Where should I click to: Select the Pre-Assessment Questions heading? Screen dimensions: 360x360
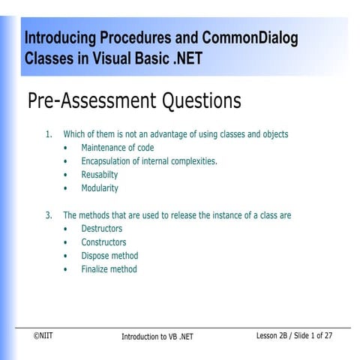point(134,100)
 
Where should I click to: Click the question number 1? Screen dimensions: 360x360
point(49,134)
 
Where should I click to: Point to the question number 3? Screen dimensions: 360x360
point(49,215)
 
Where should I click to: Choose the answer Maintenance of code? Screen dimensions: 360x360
point(118,148)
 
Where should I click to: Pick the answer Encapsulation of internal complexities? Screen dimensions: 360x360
point(149,161)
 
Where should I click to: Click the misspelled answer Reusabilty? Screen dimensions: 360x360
point(100,175)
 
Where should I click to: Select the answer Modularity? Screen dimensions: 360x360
point(100,188)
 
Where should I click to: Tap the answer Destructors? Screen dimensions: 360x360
point(102,229)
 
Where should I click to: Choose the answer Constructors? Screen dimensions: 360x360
point(103,242)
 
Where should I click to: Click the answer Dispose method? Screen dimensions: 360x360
point(109,256)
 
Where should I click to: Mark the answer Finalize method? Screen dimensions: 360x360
point(109,269)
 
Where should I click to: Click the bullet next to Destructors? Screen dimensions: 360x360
point(67,229)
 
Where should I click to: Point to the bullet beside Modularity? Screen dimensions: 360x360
point(67,188)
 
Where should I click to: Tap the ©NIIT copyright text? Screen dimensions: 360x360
point(43,336)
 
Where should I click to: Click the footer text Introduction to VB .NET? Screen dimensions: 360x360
point(157,337)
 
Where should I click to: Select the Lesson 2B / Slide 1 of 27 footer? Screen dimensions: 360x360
point(295,336)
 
